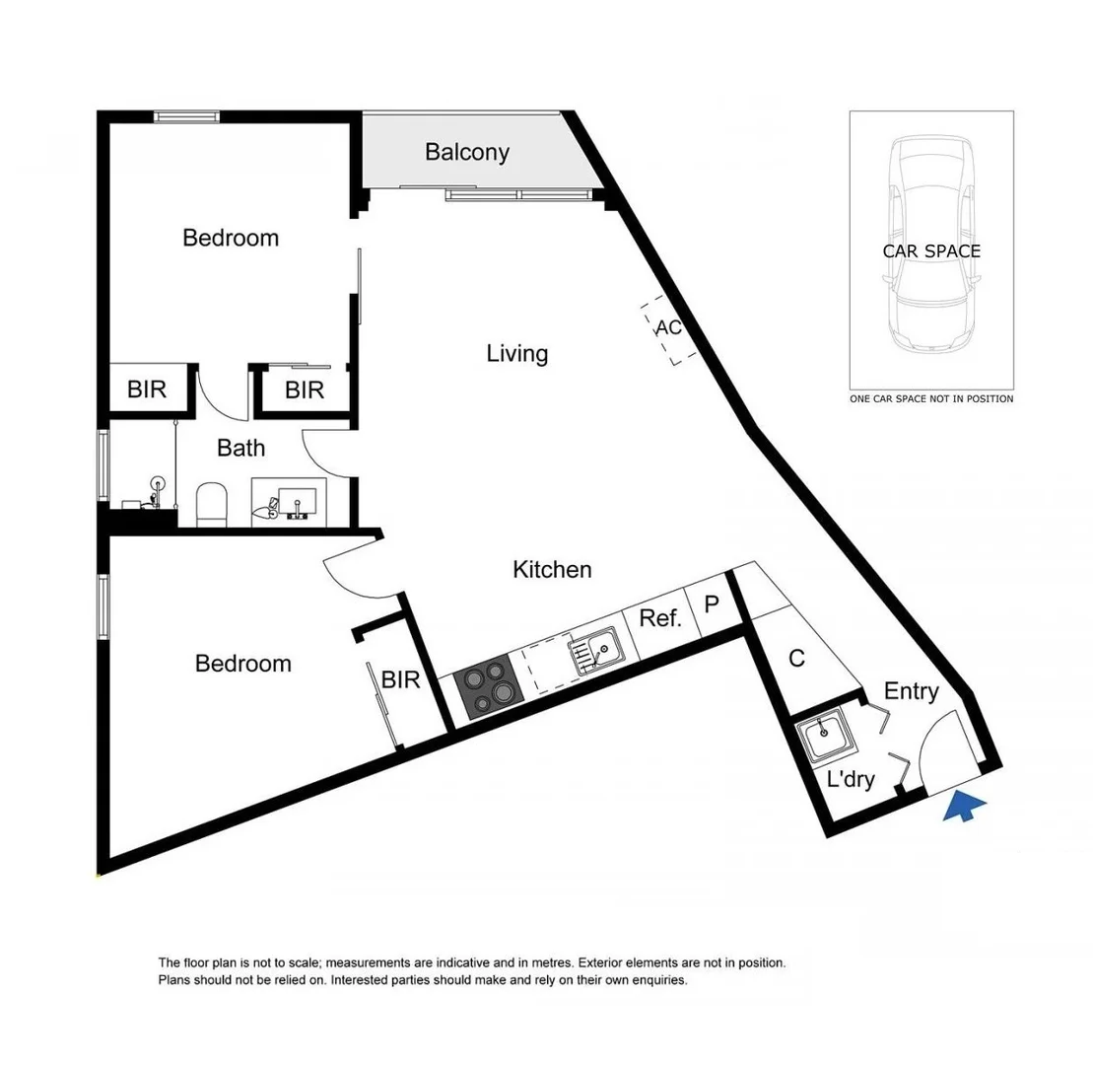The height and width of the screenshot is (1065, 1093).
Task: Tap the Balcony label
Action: pyautogui.click(x=467, y=152)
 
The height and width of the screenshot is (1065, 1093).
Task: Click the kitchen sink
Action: pyautogui.click(x=594, y=651)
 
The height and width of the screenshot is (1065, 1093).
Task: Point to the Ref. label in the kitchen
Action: pyautogui.click(x=660, y=618)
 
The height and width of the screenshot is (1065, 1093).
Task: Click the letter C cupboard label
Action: pyautogui.click(x=797, y=659)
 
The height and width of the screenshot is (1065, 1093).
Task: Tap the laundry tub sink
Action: pyautogui.click(x=824, y=736)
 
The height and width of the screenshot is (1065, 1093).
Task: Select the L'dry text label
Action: pyautogui.click(x=851, y=780)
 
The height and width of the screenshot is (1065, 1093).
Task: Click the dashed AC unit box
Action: pyautogui.click(x=670, y=329)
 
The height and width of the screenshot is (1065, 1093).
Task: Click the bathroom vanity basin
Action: pyautogui.click(x=296, y=500)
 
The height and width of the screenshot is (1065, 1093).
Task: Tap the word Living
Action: pyautogui.click(x=517, y=353)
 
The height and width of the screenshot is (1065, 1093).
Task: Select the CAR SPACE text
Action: pyautogui.click(x=931, y=251)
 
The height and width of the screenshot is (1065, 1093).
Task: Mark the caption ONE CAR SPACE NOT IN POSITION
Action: pyautogui.click(x=931, y=399)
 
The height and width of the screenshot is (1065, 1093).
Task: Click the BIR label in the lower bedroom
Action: pyautogui.click(x=401, y=679)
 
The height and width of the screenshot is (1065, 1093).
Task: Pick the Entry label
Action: pyautogui.click(x=911, y=691)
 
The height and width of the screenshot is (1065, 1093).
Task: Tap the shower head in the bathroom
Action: pyautogui.click(x=156, y=485)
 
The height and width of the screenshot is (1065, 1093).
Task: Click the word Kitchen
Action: pyautogui.click(x=552, y=569)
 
